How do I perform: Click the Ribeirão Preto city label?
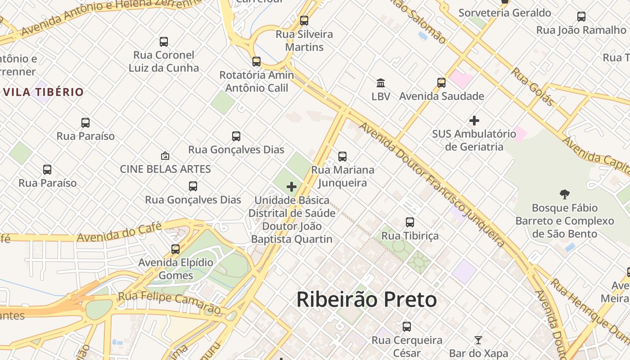pyautogui.click(x=367, y=300)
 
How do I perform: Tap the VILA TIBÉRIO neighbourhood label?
pyautogui.click(x=43, y=92)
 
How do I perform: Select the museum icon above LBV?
pyautogui.click(x=381, y=83)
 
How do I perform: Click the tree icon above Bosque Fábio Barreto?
pyautogui.click(x=564, y=194)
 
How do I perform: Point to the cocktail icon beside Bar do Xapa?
pyautogui.click(x=478, y=340)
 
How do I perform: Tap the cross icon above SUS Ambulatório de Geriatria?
pyautogui.click(x=474, y=121)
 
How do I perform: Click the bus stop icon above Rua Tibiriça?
pyautogui.click(x=409, y=222)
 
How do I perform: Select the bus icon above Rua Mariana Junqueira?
pyautogui.click(x=342, y=157)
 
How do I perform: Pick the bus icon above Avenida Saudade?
pyautogui.click(x=441, y=83)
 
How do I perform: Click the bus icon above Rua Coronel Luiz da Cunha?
pyautogui.click(x=164, y=42)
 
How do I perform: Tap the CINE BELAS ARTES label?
pyautogui.click(x=165, y=169)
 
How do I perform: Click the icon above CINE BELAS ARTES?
pyautogui.click(x=165, y=156)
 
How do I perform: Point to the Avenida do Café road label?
pyautogui.click(x=119, y=232)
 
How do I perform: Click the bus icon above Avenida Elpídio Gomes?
pyautogui.click(x=175, y=249)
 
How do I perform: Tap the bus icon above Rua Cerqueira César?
pyautogui.click(x=407, y=327)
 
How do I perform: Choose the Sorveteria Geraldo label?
pyautogui.click(x=504, y=13)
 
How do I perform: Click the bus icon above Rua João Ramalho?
pyautogui.click(x=581, y=17)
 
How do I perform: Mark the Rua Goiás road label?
pyautogui.click(x=532, y=86)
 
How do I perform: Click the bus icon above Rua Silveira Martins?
pyautogui.click(x=304, y=21)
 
